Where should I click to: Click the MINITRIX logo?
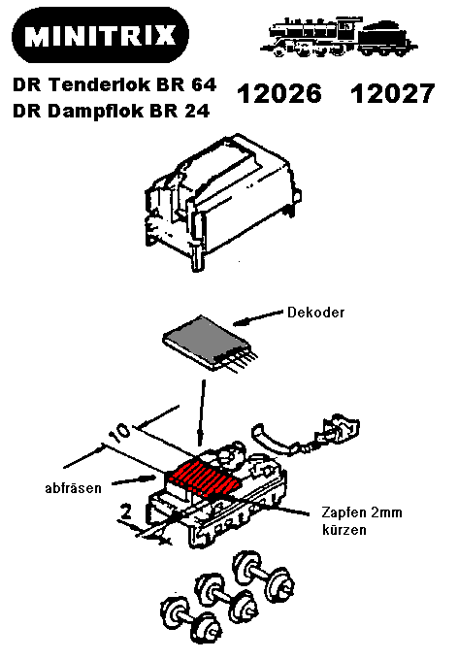(100, 35)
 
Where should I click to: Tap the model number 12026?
(279, 93)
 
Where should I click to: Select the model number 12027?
(392, 93)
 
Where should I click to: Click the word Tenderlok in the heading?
(100, 84)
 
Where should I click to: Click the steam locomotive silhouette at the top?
(340, 37)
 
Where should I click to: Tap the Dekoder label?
(315, 313)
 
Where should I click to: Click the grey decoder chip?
(210, 343)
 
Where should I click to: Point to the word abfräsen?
(73, 488)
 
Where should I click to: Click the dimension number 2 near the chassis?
(126, 512)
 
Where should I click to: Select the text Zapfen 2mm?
(362, 512)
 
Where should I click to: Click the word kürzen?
(343, 529)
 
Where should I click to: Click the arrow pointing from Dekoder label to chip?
(258, 317)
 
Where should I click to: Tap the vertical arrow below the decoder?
(202, 412)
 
